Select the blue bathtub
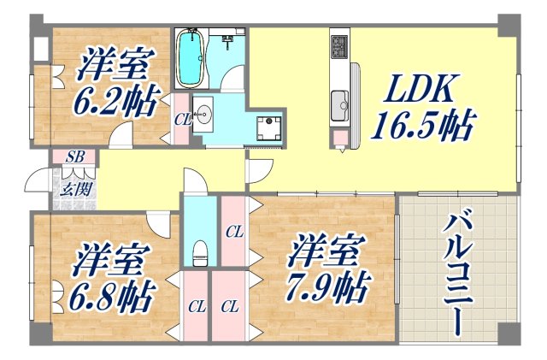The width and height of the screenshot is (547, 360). (x=190, y=57)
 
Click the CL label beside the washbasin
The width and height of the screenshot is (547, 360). (x=182, y=120)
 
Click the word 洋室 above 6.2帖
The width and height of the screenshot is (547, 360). (x=118, y=64)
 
